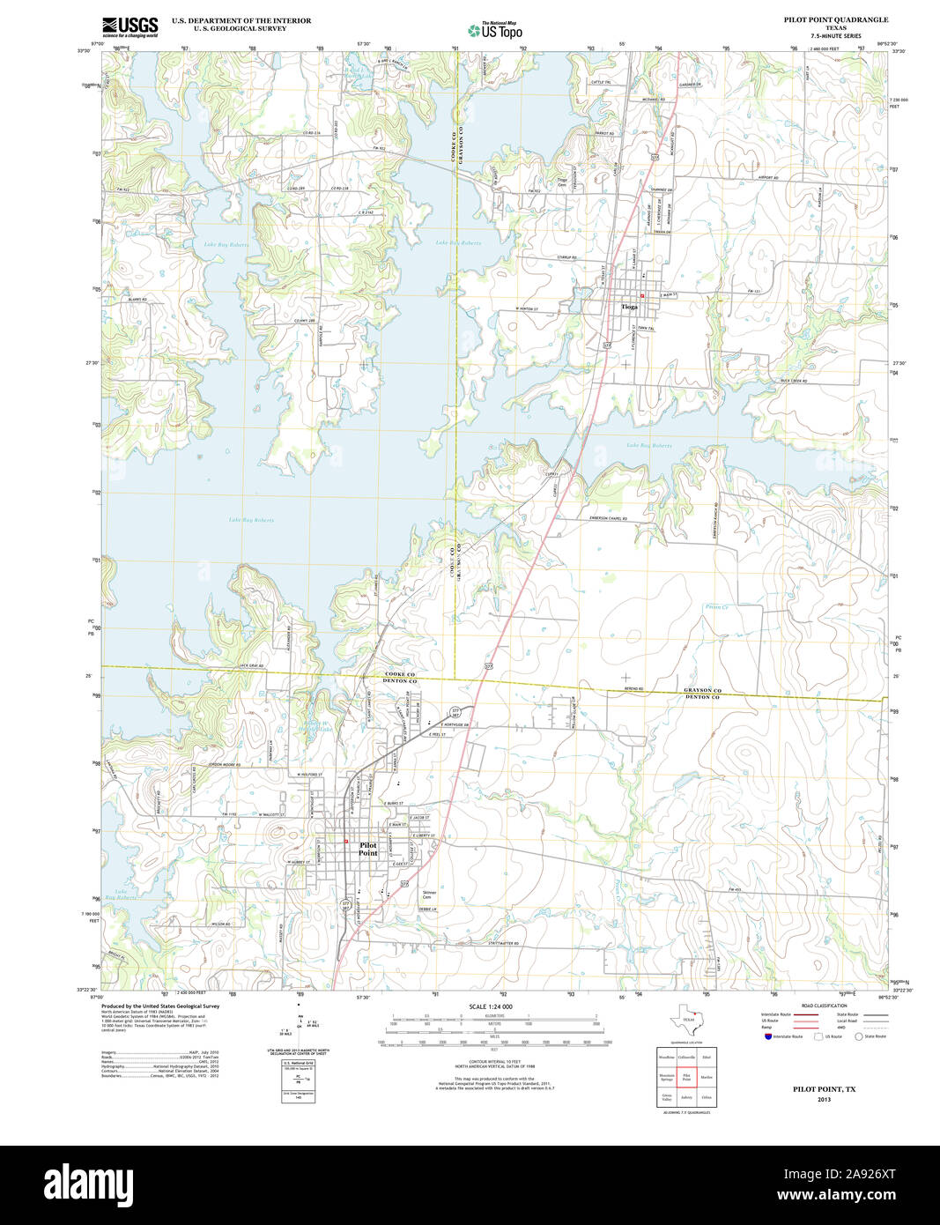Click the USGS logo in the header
(x=130, y=26)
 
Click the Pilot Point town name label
(x=368, y=849)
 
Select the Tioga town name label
(x=629, y=307)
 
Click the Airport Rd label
(x=768, y=178)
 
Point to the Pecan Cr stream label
(x=716, y=607)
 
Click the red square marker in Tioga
(x=642, y=295)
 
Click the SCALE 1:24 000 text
(x=491, y=1006)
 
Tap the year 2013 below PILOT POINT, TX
(x=824, y=1100)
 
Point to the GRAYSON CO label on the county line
(x=703, y=690)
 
